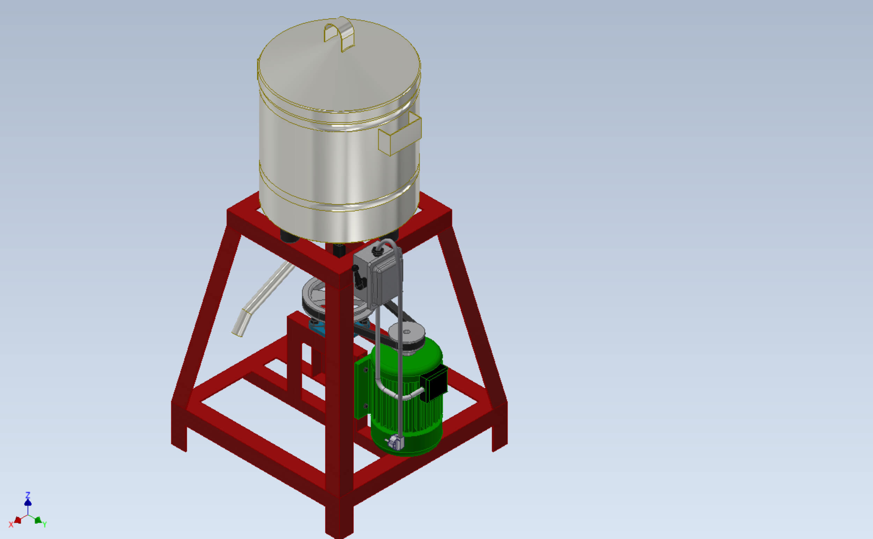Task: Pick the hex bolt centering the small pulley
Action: pyautogui.click(x=406, y=332)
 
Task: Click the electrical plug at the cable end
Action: pyautogui.click(x=394, y=443)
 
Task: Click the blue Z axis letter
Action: pyautogui.click(x=28, y=495)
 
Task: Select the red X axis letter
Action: pyautogui.click(x=11, y=525)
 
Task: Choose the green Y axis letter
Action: pyautogui.click(x=45, y=524)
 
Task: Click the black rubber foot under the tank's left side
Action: pyautogui.click(x=289, y=237)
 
